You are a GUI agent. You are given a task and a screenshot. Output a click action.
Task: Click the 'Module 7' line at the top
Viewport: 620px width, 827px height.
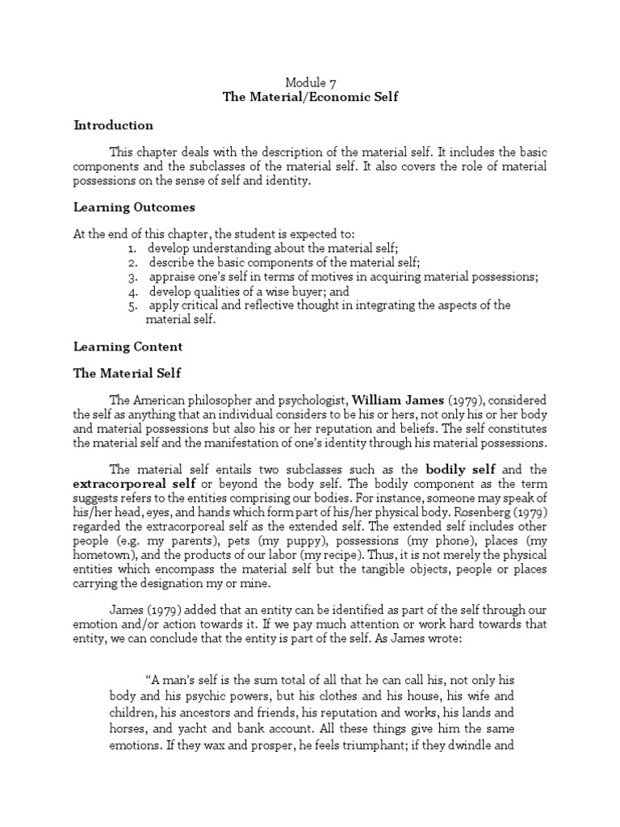(x=310, y=82)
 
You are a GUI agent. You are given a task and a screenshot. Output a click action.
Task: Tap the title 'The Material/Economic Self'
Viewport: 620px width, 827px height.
(x=310, y=97)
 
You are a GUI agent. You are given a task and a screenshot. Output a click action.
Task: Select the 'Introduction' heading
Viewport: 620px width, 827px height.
(x=113, y=125)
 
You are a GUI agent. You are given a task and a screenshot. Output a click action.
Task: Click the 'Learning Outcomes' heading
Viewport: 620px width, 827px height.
(x=134, y=208)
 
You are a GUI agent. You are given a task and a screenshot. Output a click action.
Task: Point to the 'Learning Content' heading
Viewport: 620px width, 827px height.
(x=128, y=346)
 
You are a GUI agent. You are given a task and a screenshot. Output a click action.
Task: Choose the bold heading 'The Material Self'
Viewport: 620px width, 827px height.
(x=128, y=373)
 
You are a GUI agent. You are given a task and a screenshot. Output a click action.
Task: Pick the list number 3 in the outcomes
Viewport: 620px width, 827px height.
(x=132, y=276)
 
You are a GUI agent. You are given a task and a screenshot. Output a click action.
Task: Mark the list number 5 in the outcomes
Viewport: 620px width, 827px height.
(x=132, y=305)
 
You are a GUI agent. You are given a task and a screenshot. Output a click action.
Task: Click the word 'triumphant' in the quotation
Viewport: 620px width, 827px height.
(x=387, y=746)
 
